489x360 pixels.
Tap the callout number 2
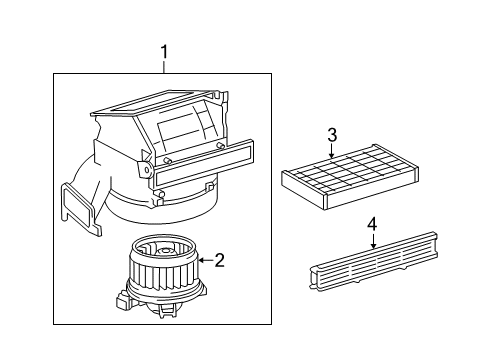(219, 261)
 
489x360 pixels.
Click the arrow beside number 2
(202, 261)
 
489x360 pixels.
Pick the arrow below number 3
(332, 153)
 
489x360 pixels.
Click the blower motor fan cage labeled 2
(160, 267)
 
